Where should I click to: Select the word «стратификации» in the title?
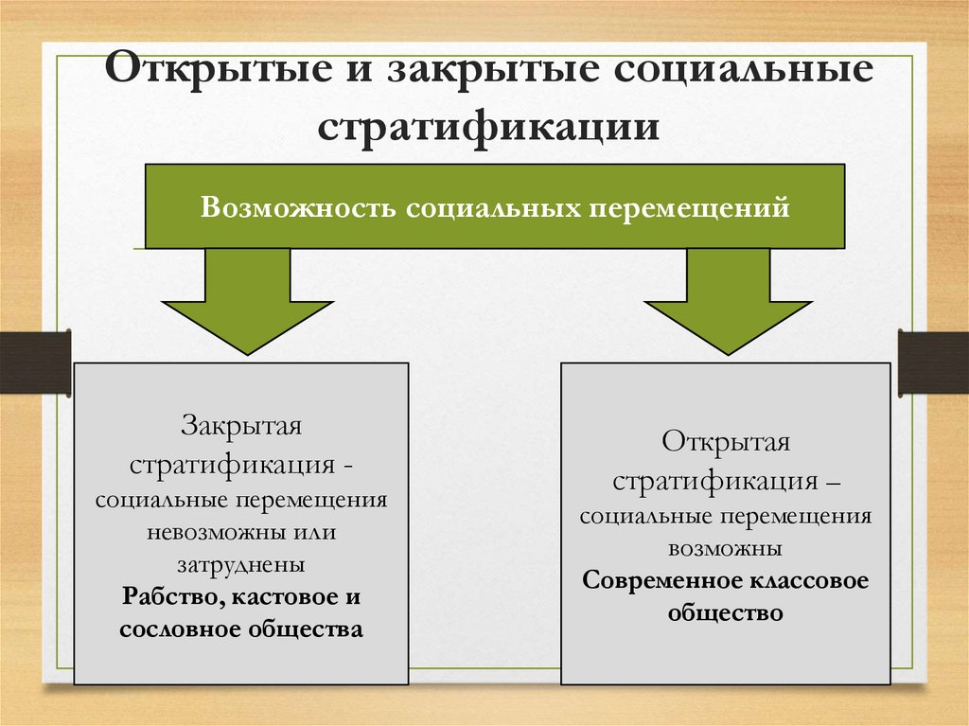[x=487, y=125]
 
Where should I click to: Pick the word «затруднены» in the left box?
[x=241, y=565]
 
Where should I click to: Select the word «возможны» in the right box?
[x=725, y=548]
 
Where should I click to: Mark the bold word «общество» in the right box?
[x=726, y=612]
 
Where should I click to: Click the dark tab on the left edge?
[x=34, y=363]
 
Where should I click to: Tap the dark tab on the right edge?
[x=934, y=363]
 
